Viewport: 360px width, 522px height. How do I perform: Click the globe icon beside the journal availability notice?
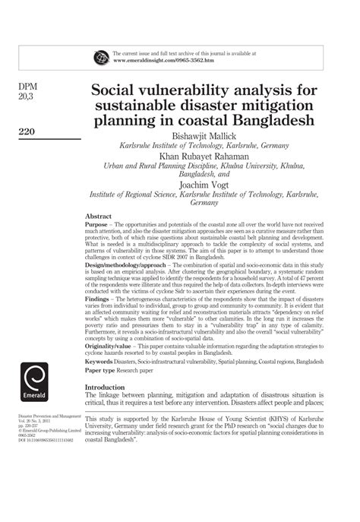[100, 56]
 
